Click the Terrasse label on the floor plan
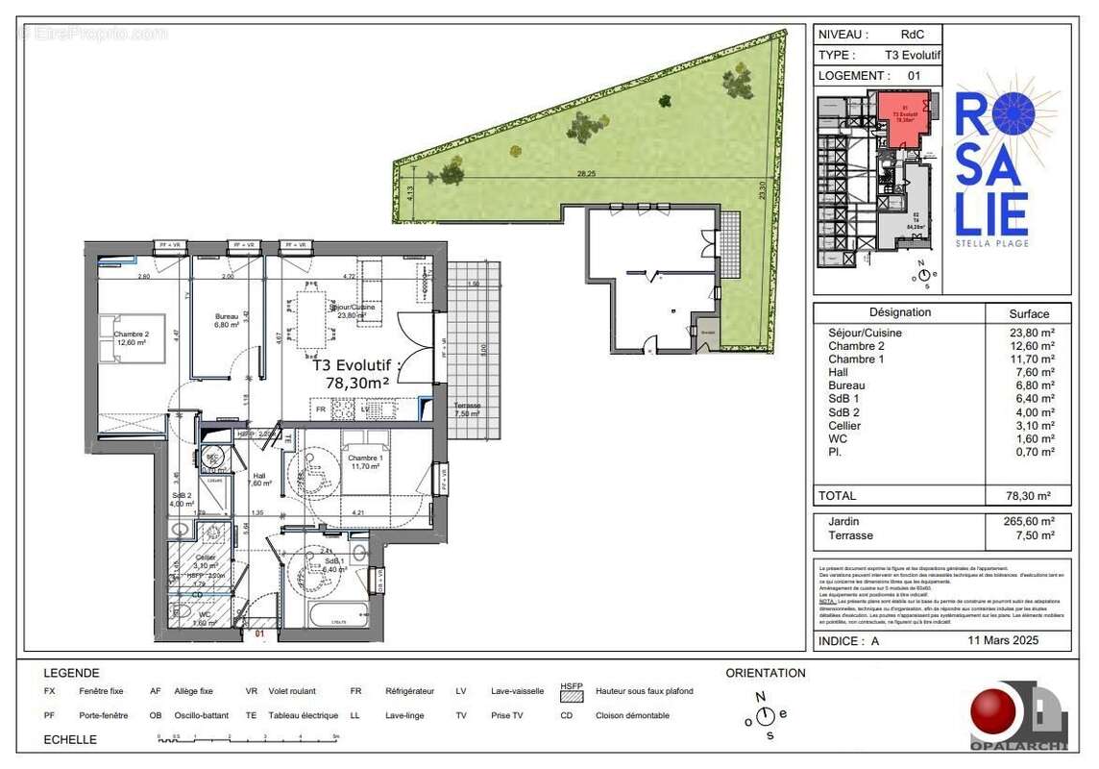tap(468, 406)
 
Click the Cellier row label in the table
tap(844, 426)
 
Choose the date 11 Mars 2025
tap(1006, 640)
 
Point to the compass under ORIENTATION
tap(765, 716)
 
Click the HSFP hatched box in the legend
tap(572, 693)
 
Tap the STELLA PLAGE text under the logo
tap(992, 243)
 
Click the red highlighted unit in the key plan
tap(902, 117)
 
